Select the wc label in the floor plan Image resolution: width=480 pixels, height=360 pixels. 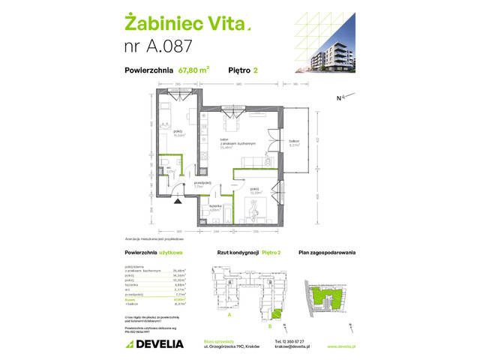point(170,170)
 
